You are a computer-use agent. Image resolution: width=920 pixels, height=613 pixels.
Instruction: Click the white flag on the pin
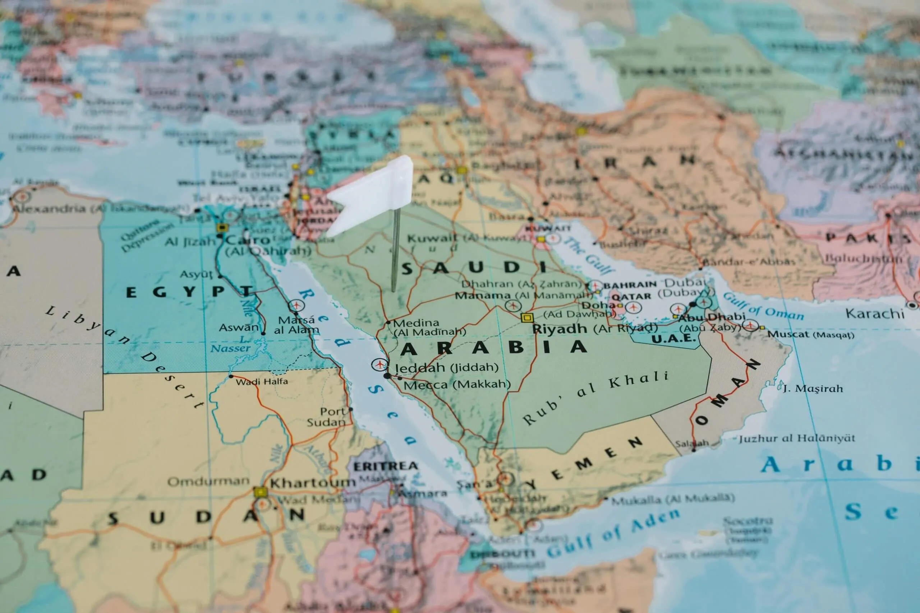point(372,195)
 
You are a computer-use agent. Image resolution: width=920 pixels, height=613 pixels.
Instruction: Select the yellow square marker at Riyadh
point(527,317)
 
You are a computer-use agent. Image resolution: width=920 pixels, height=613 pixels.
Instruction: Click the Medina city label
point(416,323)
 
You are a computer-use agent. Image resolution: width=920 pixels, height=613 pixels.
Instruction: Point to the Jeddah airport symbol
point(379,364)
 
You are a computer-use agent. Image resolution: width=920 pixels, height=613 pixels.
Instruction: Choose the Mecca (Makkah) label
point(456,385)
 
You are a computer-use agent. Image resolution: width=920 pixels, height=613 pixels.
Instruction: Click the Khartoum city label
point(312,483)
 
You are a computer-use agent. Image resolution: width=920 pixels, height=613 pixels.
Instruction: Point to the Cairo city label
point(248,240)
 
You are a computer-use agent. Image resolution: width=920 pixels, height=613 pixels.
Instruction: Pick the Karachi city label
point(875,314)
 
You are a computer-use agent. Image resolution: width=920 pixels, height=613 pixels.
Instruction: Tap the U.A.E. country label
point(673,339)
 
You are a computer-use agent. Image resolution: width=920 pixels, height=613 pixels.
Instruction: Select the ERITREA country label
point(385,466)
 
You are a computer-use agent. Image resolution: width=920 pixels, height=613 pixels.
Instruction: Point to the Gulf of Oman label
point(763,307)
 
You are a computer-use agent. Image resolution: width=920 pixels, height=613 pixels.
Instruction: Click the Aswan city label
point(239,328)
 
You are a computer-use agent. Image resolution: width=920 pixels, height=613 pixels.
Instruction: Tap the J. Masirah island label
point(813,389)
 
